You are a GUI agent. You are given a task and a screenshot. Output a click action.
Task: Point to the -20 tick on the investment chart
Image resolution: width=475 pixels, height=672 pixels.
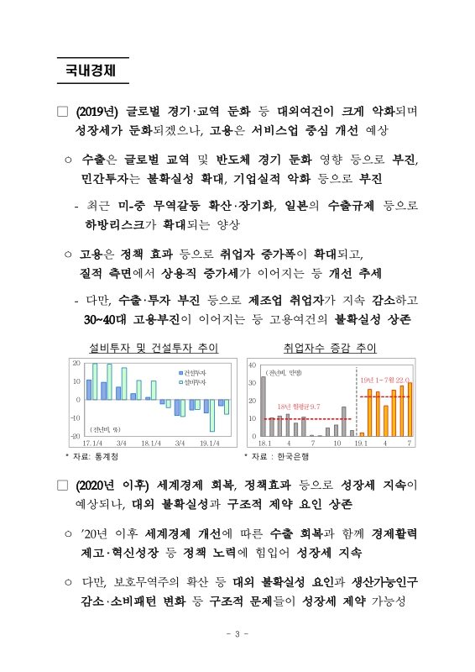[x=74, y=436]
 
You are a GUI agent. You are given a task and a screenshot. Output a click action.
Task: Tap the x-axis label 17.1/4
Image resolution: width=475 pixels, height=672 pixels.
[x=91, y=443]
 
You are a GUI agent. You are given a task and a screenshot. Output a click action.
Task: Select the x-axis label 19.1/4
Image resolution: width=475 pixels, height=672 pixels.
[x=210, y=443]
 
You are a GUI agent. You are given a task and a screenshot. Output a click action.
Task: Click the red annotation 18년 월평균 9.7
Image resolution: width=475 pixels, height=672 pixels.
[x=299, y=407]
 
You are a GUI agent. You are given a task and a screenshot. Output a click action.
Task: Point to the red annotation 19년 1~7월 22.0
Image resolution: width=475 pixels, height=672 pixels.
[x=385, y=380]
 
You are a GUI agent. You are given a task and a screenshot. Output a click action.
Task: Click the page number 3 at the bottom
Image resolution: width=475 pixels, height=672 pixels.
[x=237, y=633]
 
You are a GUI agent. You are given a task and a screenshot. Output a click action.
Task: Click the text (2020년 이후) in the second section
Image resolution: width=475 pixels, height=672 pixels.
[x=112, y=485]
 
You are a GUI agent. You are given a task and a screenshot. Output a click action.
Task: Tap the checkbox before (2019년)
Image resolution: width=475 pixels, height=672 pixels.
[x=63, y=112]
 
